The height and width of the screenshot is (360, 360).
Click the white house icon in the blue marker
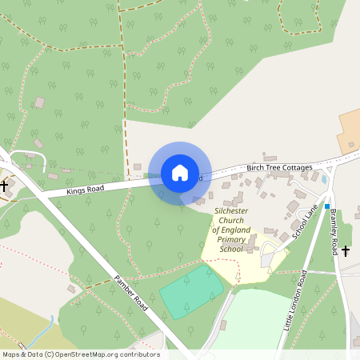180,173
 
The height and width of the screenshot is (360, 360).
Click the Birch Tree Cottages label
279,166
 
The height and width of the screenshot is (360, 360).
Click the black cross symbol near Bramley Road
346,251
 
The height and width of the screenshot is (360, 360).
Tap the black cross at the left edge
4,186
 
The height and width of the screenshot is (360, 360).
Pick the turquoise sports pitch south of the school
192,292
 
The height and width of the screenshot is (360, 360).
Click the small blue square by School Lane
327,206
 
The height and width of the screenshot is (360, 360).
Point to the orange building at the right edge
350,131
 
